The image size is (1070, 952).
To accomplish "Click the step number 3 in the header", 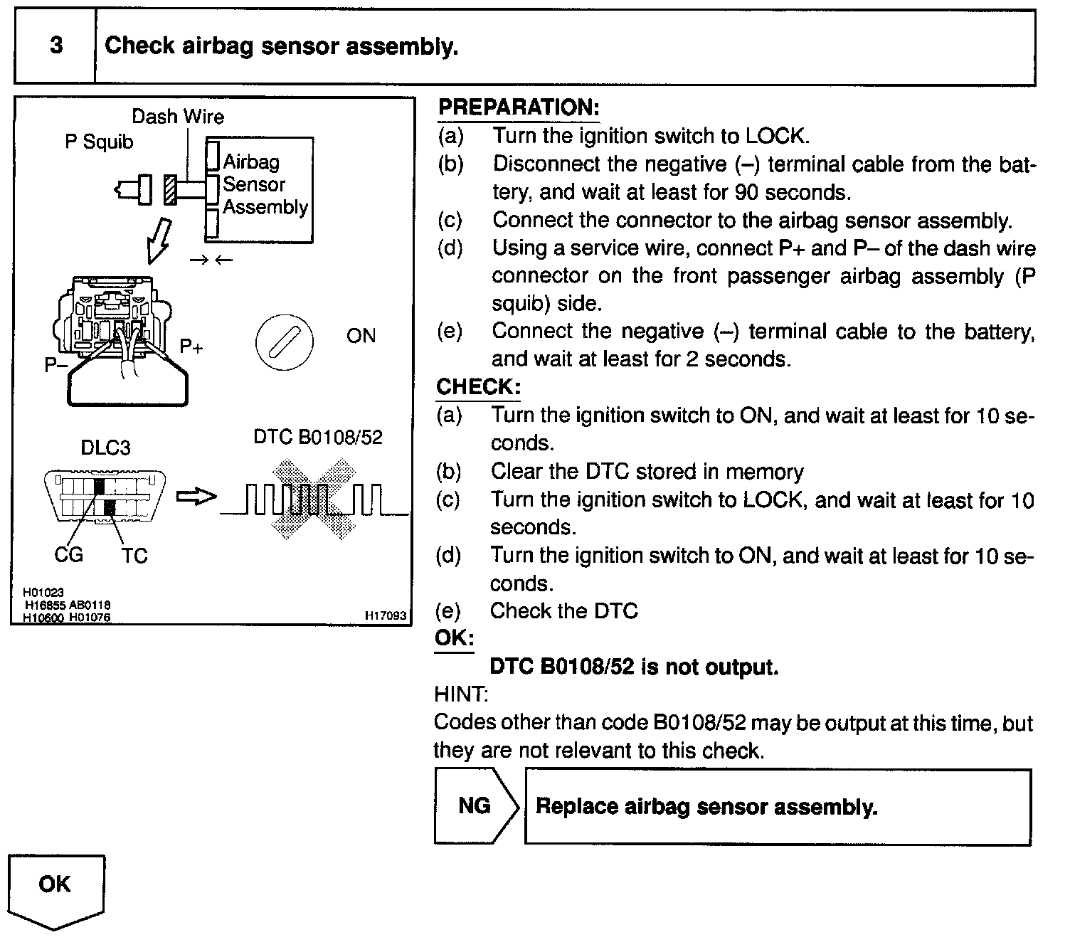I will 55,46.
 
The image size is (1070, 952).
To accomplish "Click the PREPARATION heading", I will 519,107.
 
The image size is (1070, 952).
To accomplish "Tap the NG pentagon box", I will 475,805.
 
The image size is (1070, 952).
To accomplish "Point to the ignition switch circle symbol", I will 284,342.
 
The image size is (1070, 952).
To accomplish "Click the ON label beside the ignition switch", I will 361,336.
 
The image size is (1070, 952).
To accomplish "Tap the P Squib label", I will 99,142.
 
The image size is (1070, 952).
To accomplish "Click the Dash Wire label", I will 178,117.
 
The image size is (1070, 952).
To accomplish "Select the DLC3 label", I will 105,448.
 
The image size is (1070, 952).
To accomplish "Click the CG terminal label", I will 68,554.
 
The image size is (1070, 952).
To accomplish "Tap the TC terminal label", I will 134,555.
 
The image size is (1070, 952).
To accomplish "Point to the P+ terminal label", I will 191,347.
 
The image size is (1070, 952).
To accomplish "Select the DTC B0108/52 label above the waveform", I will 318,437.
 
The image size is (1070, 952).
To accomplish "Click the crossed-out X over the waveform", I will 314,499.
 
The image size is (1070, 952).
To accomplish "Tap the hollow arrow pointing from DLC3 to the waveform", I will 195,497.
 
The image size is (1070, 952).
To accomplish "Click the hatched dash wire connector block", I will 170,189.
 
